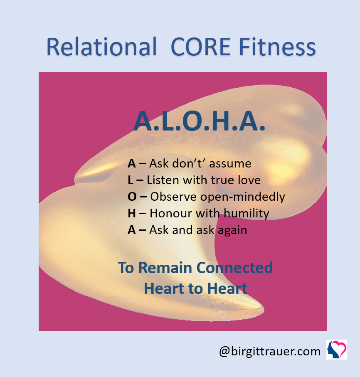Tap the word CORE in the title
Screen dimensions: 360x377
[x=200, y=47]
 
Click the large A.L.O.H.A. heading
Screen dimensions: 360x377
[x=200, y=121]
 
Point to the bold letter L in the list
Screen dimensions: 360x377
[x=131, y=180]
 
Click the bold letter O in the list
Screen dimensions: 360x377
[x=132, y=197]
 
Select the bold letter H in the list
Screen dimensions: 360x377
[x=131, y=213]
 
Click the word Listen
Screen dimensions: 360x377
[x=163, y=180]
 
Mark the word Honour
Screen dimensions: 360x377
[x=171, y=213]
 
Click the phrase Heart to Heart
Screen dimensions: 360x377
[x=195, y=288]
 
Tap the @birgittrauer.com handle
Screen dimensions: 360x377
[x=270, y=352]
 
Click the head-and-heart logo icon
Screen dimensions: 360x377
[x=337, y=349]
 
